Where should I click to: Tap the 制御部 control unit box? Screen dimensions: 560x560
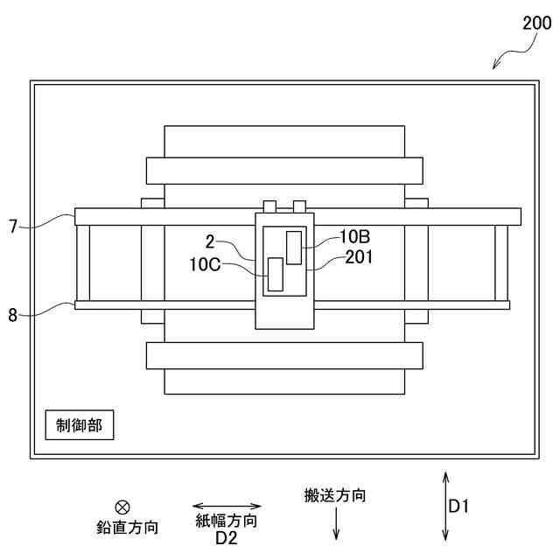(x=79, y=426)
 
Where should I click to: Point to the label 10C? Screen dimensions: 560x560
(x=203, y=262)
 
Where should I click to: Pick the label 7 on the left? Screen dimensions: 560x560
(x=13, y=227)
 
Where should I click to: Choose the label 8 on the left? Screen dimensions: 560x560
(x=13, y=315)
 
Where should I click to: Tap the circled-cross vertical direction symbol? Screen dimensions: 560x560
(x=122, y=506)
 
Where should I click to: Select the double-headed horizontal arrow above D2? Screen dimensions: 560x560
(x=227, y=506)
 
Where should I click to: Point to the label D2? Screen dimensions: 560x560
(x=227, y=538)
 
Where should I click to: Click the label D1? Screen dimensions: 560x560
(x=459, y=506)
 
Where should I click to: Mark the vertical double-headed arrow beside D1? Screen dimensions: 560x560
(x=445, y=506)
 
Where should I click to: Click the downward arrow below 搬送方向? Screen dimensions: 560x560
(x=336, y=524)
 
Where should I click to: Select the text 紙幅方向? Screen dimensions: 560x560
(x=227, y=521)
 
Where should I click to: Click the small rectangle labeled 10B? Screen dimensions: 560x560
(x=293, y=247)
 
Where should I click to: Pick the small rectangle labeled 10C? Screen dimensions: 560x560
(x=276, y=274)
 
